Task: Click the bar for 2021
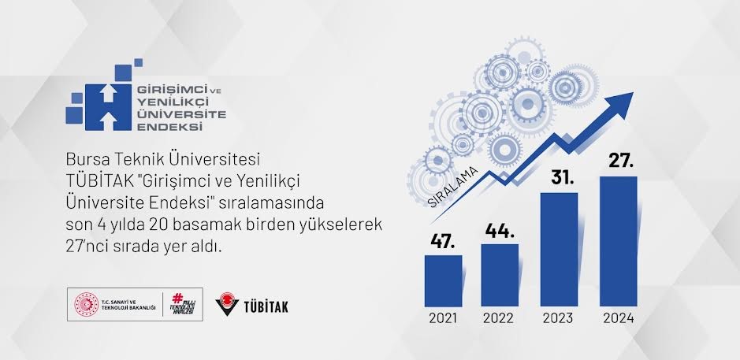point(443,280)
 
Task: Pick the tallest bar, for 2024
point(618,241)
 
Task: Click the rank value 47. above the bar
point(443,240)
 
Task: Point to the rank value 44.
point(500,231)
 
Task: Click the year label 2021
point(443,319)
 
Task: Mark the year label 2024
point(618,319)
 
